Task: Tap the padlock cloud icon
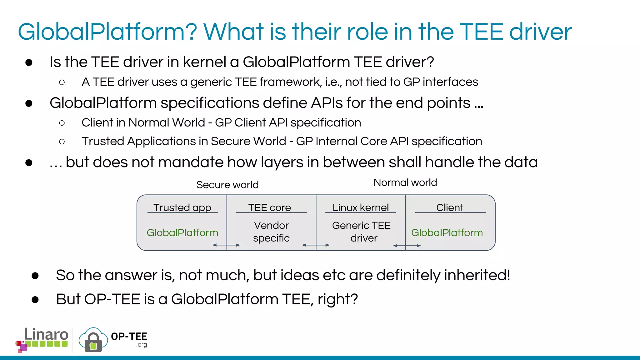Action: click(93, 340)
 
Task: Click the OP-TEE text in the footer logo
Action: click(129, 337)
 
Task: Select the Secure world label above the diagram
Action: click(227, 185)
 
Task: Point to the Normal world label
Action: click(405, 182)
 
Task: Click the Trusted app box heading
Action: click(182, 207)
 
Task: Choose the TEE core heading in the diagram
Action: click(269, 207)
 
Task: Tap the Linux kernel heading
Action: click(360, 207)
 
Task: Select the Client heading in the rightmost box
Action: click(450, 207)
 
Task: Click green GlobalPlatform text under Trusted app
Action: click(182, 232)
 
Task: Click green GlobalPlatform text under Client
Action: click(447, 232)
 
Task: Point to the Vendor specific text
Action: click(271, 232)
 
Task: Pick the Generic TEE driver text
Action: click(361, 232)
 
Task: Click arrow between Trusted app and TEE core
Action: click(226, 245)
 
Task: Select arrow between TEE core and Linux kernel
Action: click(316, 245)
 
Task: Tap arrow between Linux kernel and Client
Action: click(407, 246)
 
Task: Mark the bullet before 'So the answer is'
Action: click(35, 276)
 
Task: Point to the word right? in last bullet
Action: click(337, 299)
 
